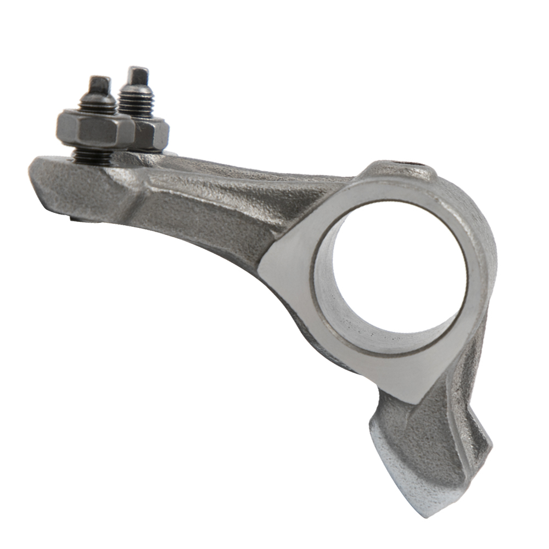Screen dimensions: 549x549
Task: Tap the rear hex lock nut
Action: [152, 135]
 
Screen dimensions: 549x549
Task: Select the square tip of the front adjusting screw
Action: [99, 84]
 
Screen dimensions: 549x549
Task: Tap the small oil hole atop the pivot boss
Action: [416, 164]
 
